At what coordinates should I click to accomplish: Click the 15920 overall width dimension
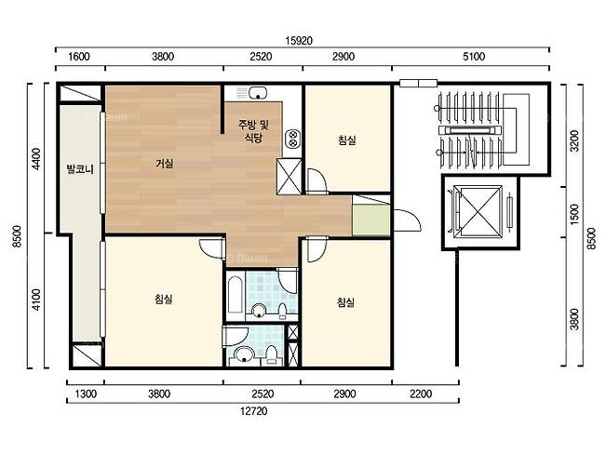pos(299,41)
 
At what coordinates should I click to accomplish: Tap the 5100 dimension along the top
pos(474,57)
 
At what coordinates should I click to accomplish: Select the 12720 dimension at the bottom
pos(253,411)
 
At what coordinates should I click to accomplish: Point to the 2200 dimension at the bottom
pos(421,393)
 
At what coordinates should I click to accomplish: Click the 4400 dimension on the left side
pos(36,159)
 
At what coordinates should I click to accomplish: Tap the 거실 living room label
pos(165,164)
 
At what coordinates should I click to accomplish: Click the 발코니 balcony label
pos(80,168)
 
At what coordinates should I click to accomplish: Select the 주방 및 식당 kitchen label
pos(253,131)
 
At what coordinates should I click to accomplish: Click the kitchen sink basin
pos(258,93)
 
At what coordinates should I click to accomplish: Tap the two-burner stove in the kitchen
pos(292,139)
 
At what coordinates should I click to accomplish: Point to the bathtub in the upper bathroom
pos(235,294)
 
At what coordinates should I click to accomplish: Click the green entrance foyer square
pos(371,220)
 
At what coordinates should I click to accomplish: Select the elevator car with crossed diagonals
pos(478,211)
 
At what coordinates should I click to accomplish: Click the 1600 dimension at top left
pos(79,57)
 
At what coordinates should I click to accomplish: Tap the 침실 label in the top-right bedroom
pos(346,140)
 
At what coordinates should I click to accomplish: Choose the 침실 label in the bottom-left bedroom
pos(164,299)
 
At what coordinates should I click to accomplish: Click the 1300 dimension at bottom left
pos(86,393)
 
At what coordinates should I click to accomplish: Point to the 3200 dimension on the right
pos(575,141)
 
